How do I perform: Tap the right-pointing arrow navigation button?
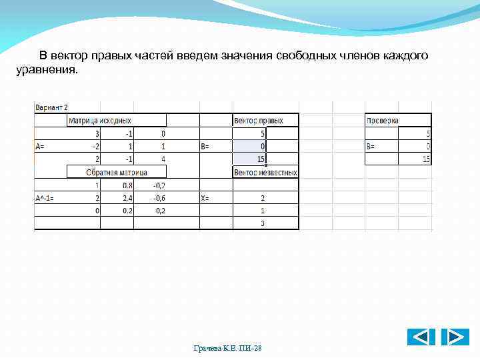[x=455, y=337]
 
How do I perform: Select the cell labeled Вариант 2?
[x=52, y=107]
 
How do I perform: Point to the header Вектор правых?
[x=259, y=121]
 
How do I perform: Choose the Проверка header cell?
[x=383, y=121]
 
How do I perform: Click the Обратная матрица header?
[x=117, y=173]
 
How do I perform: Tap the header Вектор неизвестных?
[x=265, y=173]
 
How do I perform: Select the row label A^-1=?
[x=47, y=198]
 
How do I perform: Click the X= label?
[x=207, y=198]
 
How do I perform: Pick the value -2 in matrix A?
[x=95, y=146]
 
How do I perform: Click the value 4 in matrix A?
[x=163, y=159]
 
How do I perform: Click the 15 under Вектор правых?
[x=261, y=159]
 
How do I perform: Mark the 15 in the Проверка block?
[x=425, y=159]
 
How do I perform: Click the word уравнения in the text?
[x=47, y=69]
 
